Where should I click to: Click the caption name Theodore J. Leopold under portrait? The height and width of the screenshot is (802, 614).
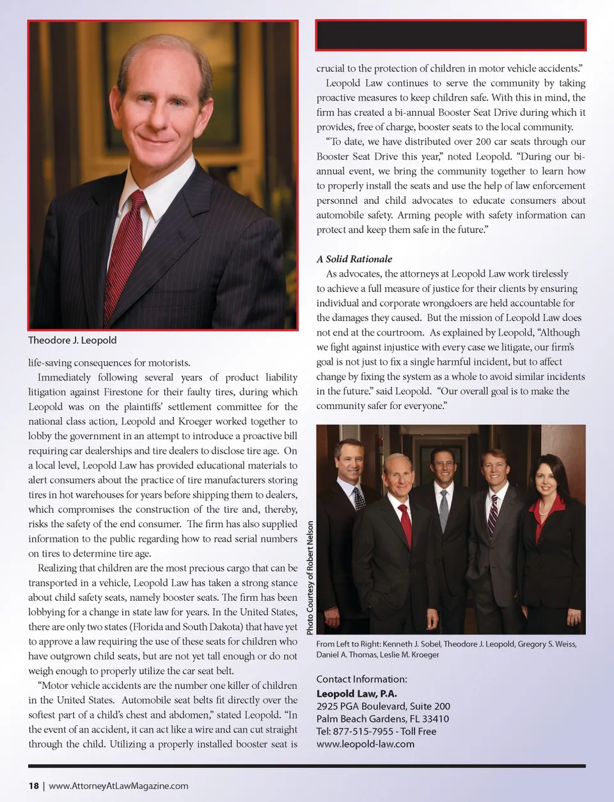click(72, 340)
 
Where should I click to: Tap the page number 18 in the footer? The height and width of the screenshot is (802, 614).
click(33, 785)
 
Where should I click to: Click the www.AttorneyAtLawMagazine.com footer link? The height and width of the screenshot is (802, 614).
click(118, 785)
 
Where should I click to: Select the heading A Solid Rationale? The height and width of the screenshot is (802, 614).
click(354, 259)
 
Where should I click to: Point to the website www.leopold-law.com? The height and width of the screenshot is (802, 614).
click(365, 744)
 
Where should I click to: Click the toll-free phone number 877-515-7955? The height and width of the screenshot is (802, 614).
click(364, 731)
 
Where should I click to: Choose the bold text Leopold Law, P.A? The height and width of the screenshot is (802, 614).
click(356, 693)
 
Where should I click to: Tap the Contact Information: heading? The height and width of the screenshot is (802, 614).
click(361, 679)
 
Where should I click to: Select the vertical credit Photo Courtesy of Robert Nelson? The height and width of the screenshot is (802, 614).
click(310, 578)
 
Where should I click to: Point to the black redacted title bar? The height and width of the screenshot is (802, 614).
click(450, 35)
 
